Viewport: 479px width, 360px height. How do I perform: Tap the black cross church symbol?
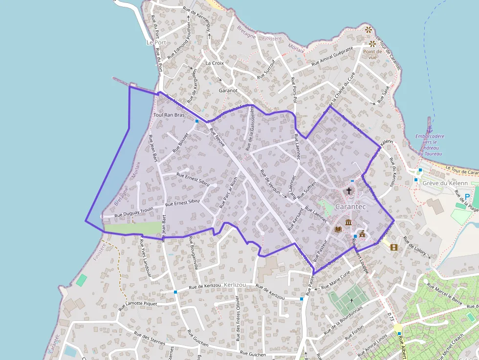[x=349, y=191]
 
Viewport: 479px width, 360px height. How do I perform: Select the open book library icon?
[x=338, y=229]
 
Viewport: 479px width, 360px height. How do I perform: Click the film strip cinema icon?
[x=394, y=247]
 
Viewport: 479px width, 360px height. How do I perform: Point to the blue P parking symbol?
[x=467, y=197]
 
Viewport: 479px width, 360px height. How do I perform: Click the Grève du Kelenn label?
[x=445, y=183]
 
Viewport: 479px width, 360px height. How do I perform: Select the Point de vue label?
[x=372, y=54]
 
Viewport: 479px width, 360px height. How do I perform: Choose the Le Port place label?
[x=156, y=42]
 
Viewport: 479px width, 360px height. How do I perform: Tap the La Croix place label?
[x=215, y=63]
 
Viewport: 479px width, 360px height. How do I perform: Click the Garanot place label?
[x=228, y=90]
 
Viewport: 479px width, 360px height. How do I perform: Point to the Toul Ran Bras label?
[x=169, y=115]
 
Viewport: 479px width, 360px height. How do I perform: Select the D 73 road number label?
[x=390, y=317]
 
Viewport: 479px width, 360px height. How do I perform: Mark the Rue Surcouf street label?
[x=269, y=68]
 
